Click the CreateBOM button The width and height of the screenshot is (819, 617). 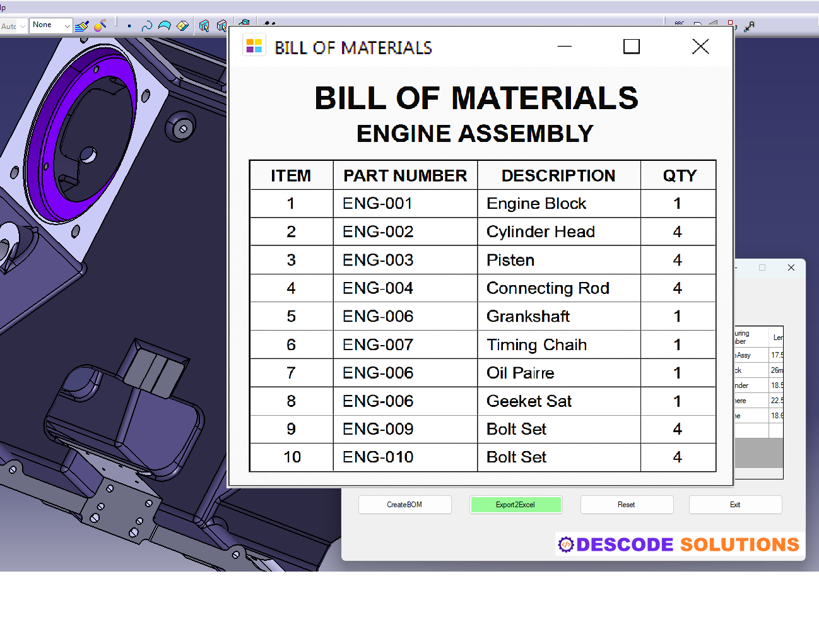(x=404, y=505)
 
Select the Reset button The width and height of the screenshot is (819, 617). (x=626, y=505)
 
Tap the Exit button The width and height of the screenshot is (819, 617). (x=735, y=505)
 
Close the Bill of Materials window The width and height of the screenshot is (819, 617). (x=700, y=47)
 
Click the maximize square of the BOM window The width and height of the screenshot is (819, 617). (x=631, y=47)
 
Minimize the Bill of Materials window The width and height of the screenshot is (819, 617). (x=565, y=47)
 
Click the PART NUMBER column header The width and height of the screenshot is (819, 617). (x=405, y=175)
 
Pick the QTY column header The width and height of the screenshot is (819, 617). (x=679, y=175)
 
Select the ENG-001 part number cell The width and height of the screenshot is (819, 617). (x=377, y=204)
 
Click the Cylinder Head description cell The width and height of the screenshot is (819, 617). (x=540, y=232)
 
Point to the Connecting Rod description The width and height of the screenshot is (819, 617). (x=547, y=288)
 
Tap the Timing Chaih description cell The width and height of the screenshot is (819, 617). (x=536, y=344)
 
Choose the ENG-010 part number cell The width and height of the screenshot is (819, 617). (x=378, y=457)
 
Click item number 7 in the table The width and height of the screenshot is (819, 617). (x=291, y=373)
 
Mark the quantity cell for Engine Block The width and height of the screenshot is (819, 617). (x=677, y=204)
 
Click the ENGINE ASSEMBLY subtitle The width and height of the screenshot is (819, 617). (x=474, y=134)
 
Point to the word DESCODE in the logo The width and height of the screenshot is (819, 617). (x=625, y=544)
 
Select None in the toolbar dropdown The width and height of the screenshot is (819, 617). (x=50, y=25)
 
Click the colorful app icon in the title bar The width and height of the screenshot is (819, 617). (x=254, y=45)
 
